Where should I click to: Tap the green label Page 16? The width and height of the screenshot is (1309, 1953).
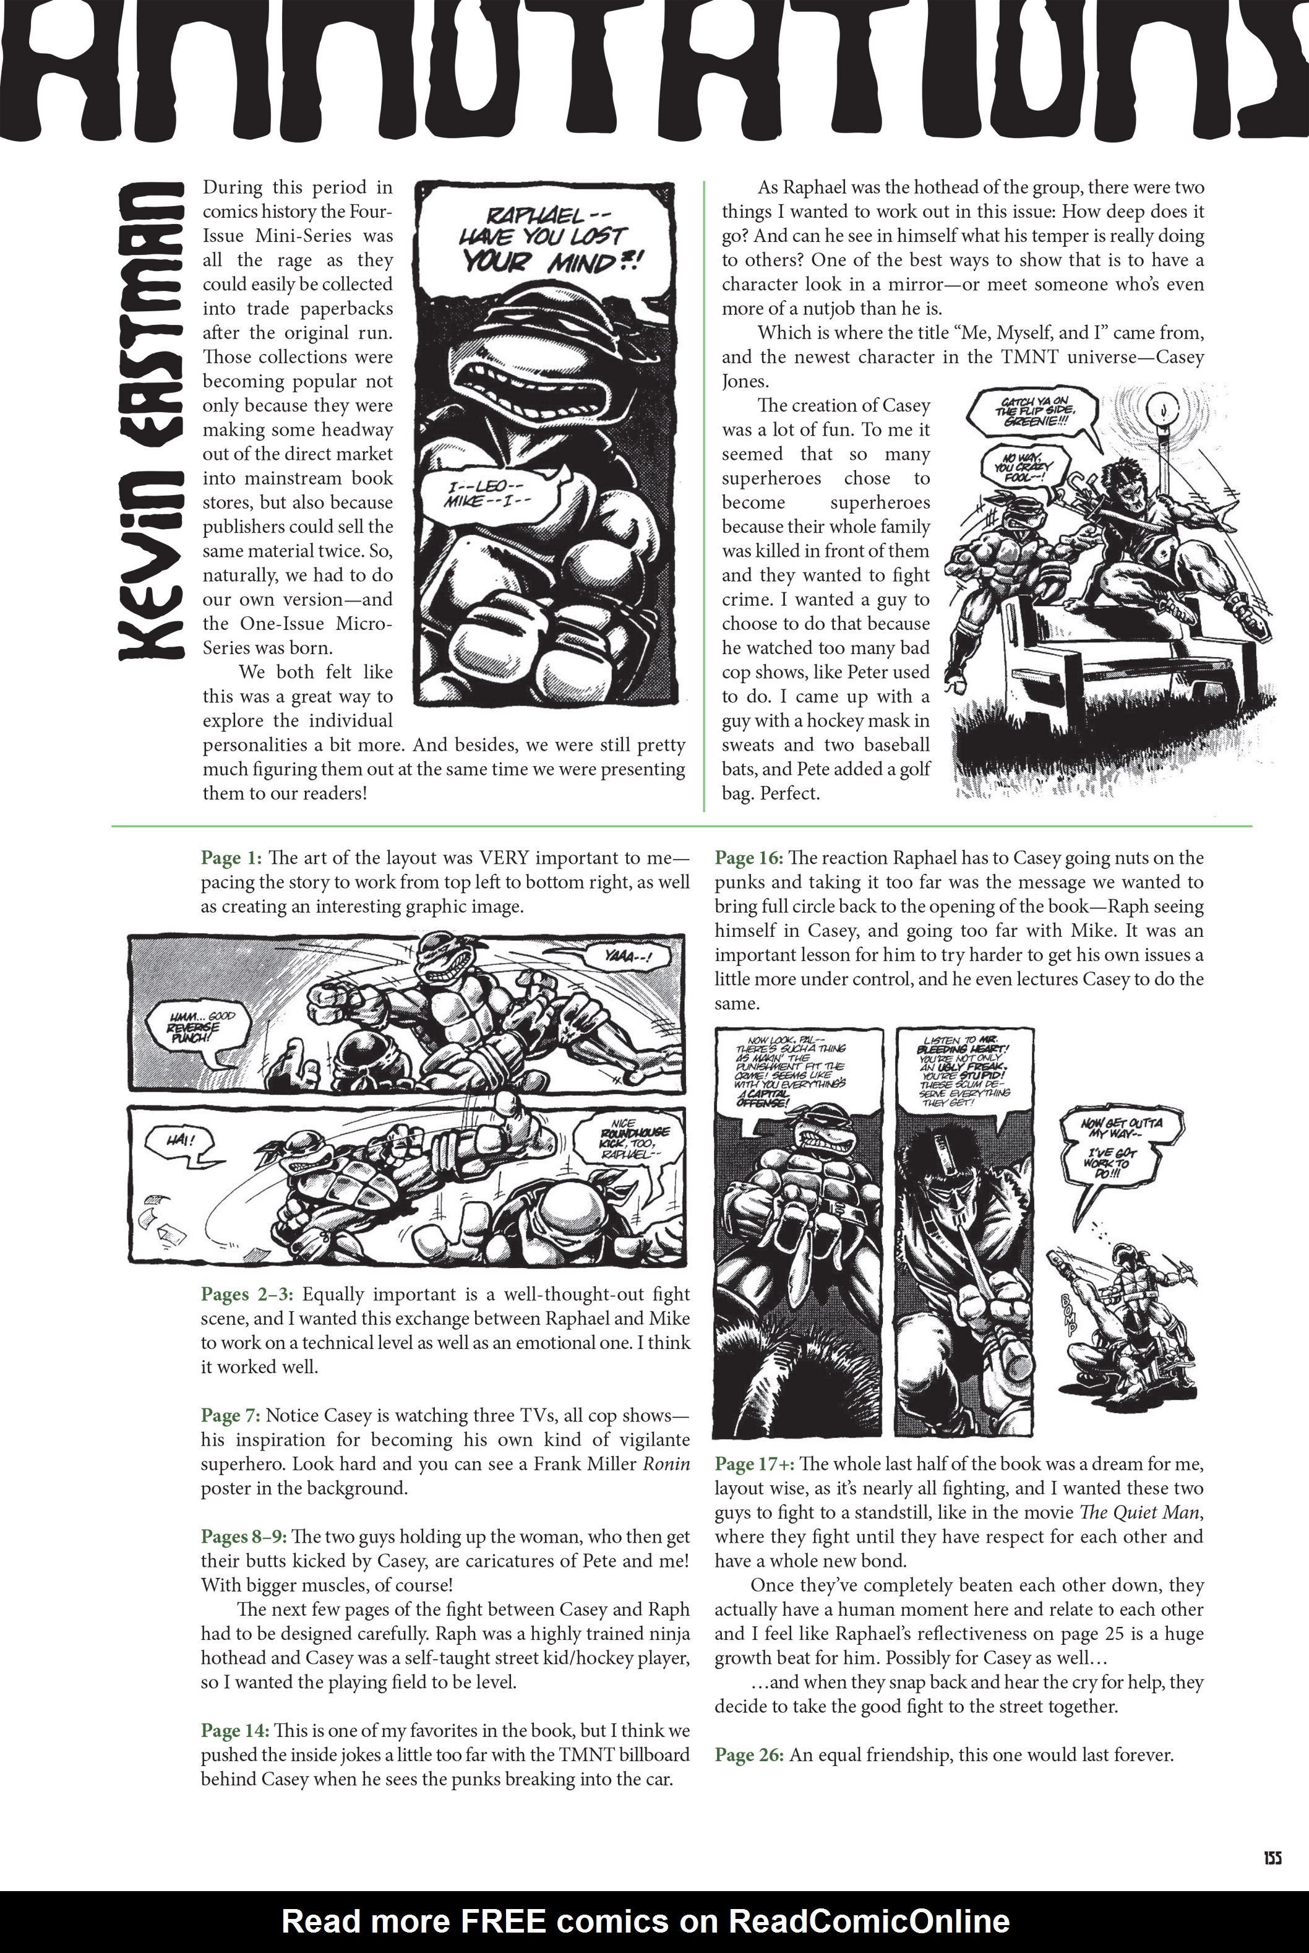point(749,858)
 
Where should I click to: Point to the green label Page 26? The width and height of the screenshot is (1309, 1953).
point(749,1755)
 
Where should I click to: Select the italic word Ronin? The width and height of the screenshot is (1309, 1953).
point(666,1464)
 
